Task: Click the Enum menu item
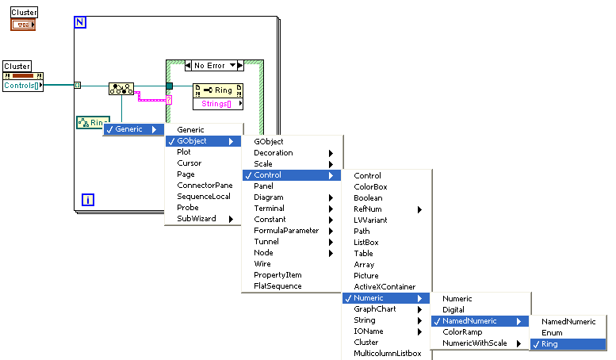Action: (552, 333)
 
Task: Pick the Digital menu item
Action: (453, 310)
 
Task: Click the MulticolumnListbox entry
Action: (387, 354)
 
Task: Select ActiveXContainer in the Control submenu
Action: (385, 287)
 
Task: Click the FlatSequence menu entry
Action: (277, 286)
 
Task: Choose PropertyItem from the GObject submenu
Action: (278, 275)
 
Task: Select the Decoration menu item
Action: (274, 153)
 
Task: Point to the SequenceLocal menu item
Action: (204, 197)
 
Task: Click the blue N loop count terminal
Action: (79, 22)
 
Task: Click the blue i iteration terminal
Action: (88, 200)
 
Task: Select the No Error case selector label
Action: (210, 66)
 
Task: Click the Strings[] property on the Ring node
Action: (214, 103)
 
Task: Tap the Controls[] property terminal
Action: (23, 86)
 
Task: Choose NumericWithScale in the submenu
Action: (475, 343)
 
